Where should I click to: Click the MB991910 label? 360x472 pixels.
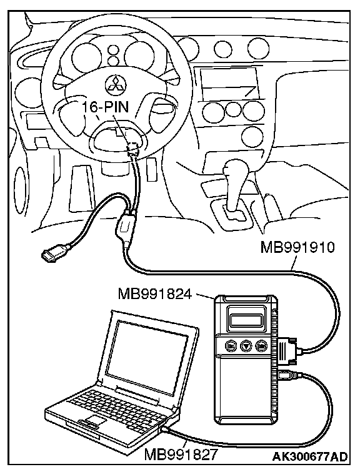point(297,247)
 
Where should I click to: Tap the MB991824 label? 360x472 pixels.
point(155,293)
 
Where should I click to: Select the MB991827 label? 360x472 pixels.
point(181,455)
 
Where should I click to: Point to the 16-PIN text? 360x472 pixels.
point(106,107)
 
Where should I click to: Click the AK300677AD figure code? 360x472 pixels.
point(310,456)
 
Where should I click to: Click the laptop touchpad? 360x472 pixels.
point(94,420)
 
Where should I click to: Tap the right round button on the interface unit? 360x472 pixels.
point(261,346)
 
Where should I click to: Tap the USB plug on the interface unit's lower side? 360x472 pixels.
point(289,376)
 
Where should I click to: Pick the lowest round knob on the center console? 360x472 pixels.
point(251,136)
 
